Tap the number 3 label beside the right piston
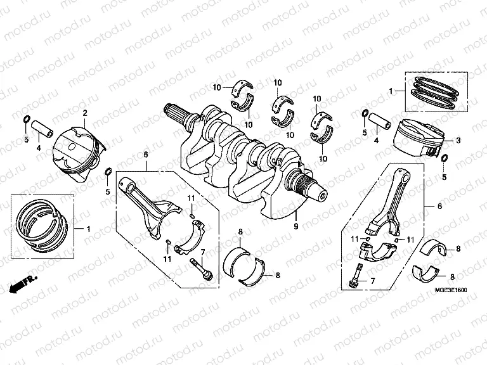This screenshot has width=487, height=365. [458, 140]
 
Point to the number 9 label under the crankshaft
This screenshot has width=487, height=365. [295, 225]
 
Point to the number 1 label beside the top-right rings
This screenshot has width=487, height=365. [391, 91]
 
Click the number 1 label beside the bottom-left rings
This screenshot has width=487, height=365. [88, 227]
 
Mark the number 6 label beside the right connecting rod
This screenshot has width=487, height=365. [439, 207]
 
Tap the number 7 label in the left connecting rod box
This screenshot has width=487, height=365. [202, 253]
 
